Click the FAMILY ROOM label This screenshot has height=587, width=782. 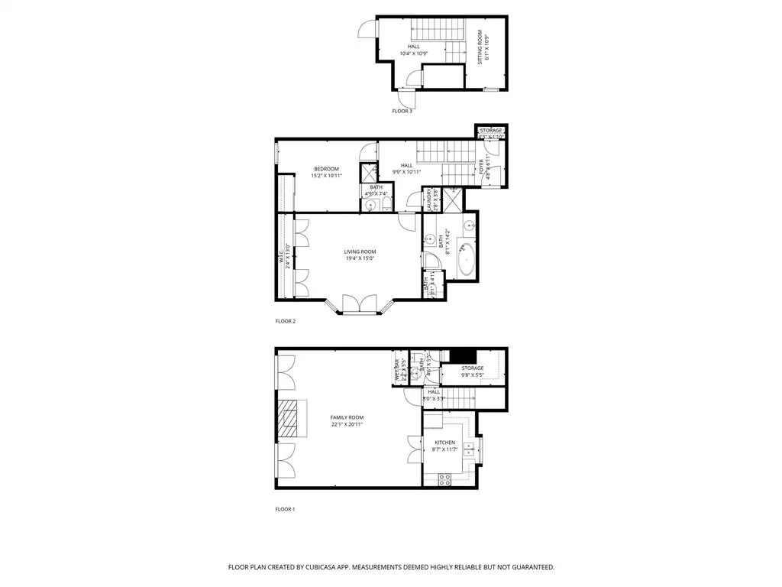[x=346, y=417]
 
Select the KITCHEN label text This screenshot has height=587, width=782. [x=444, y=443]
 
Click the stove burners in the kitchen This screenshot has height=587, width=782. [x=444, y=478]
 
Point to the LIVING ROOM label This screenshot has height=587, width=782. [x=360, y=251]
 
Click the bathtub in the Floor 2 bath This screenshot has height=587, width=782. [x=465, y=261]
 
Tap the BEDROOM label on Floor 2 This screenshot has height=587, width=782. [x=325, y=169]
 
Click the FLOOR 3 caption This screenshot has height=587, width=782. [x=402, y=112]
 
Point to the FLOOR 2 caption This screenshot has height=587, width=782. [x=285, y=321]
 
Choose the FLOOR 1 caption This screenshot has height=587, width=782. [x=285, y=509]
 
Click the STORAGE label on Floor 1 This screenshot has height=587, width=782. [x=472, y=368]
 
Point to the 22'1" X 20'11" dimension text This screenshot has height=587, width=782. [x=346, y=424]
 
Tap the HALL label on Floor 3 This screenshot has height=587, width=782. [x=413, y=47]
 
